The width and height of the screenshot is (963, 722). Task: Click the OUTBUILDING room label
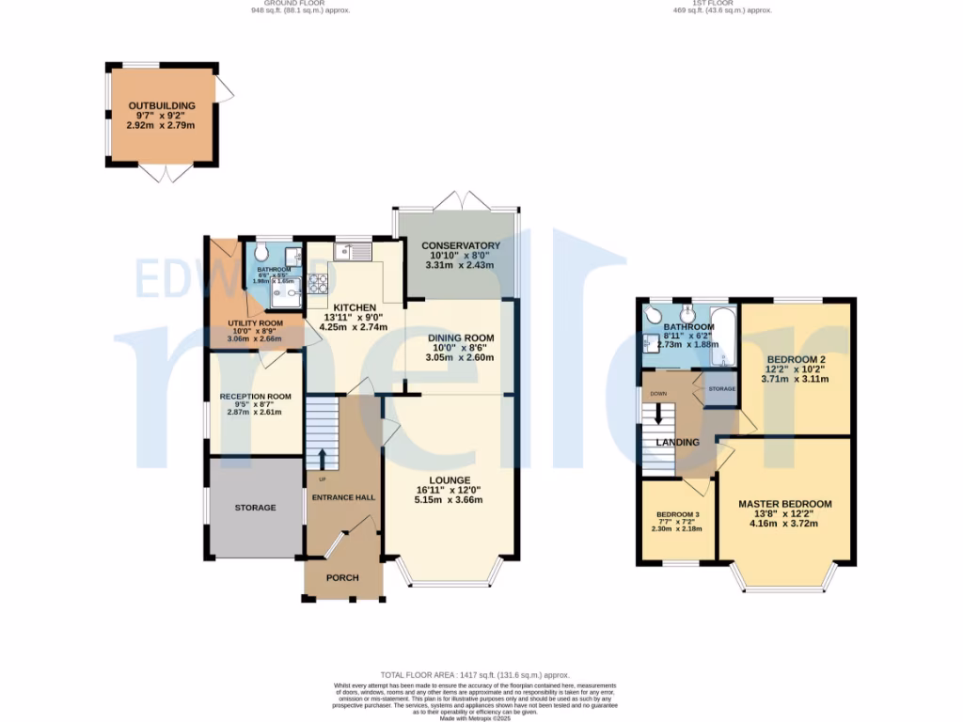pos(162,105)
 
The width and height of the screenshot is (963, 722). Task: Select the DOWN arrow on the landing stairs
pos(659,412)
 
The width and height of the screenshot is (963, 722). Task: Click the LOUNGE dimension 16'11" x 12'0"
pos(449,490)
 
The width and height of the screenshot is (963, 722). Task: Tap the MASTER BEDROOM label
pos(784,504)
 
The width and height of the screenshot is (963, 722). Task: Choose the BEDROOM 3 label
pos(677,515)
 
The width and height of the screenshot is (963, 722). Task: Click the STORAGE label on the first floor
pos(721,389)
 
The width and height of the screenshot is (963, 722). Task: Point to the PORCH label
pos(342,577)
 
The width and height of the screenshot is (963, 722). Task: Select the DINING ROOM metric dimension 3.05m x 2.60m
pos(461,358)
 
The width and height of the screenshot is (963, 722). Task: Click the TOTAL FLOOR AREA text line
pos(475,675)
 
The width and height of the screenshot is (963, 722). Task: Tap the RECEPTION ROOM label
pos(256,397)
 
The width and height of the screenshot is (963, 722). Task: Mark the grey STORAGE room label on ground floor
pos(256,508)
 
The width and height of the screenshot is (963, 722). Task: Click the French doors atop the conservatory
pos(457,199)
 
